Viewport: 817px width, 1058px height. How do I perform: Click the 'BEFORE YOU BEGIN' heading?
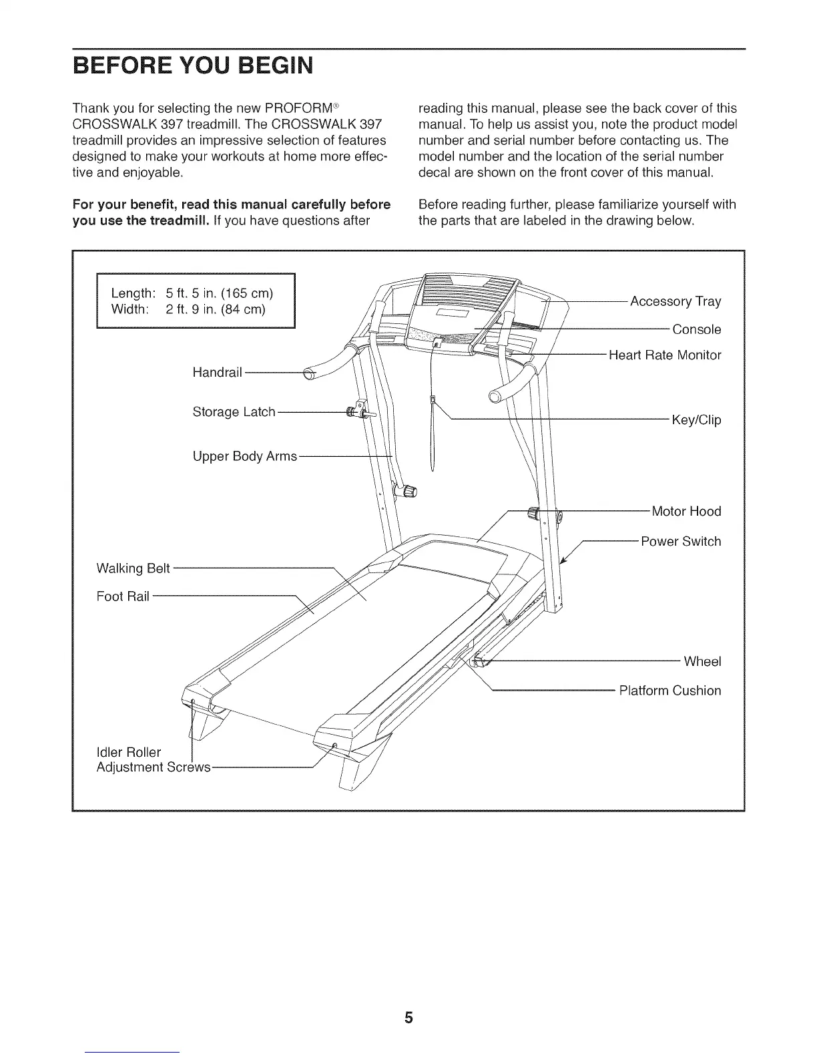pos(193,67)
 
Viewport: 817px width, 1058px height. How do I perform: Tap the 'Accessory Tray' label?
pos(675,301)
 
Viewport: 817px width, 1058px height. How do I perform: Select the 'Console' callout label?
pos(696,329)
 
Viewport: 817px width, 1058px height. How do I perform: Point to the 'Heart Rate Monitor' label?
pos(665,355)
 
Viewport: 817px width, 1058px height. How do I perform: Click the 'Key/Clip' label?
pos(696,420)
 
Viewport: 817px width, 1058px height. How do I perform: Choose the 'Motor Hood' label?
pos(686,512)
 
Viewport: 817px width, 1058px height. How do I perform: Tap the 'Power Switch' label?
pos(681,541)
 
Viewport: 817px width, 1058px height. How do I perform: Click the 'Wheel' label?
pos(702,661)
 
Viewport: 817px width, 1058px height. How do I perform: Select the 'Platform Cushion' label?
pos(670,691)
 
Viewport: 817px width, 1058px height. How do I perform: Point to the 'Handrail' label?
pos(217,372)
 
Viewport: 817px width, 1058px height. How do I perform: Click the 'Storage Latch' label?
pos(234,412)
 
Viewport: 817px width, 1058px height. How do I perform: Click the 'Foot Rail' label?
pos(123,596)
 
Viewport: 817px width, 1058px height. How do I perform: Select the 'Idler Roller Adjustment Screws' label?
pos(154,760)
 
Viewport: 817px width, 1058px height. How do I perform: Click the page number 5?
pos(408,1019)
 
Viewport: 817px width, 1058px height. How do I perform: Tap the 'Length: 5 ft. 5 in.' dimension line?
pos(192,293)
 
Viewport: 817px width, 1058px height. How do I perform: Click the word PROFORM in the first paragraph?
pos(300,108)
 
